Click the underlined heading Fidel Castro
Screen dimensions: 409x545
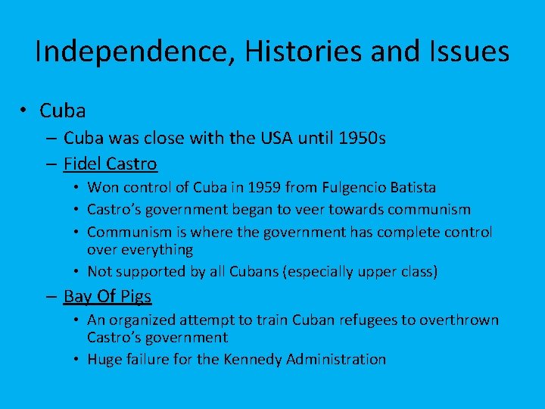point(110,164)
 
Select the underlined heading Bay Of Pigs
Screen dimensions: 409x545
point(107,296)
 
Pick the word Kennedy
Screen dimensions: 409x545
point(253,359)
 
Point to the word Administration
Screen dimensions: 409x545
point(336,359)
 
